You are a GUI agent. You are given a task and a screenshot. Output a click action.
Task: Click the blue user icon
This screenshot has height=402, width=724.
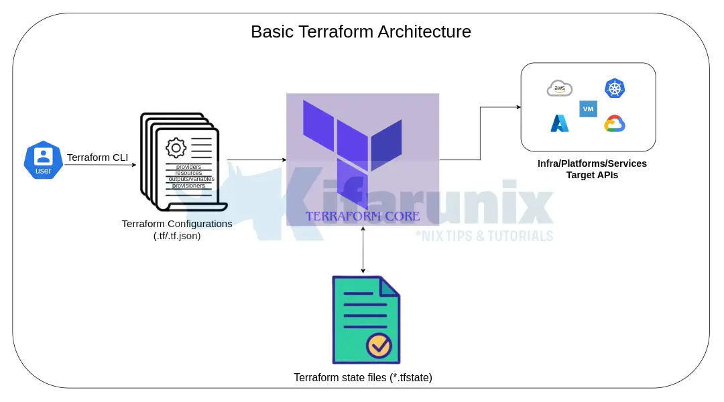pos(43,161)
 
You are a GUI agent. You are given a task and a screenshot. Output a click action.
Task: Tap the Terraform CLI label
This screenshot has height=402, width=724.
pos(97,157)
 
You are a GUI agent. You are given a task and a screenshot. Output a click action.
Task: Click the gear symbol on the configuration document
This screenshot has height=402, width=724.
pos(176,147)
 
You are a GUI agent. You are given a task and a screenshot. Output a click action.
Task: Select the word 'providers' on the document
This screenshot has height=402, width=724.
pos(188,167)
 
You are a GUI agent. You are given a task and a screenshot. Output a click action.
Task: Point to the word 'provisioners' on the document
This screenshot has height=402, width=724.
pos(188,186)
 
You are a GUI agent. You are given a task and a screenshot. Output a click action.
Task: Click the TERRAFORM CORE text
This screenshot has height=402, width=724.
pos(363,216)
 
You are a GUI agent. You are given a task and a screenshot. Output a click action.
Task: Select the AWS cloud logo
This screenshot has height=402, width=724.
pos(560,88)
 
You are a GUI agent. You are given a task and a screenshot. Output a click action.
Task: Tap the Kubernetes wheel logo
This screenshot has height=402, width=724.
pos(614,88)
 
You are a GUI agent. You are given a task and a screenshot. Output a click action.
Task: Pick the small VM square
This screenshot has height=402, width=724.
pos(588,109)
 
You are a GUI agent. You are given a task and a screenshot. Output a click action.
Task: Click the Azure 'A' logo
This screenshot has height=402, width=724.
pos(560,123)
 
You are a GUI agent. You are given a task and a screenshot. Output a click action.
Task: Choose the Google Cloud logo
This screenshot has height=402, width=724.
pos(614,124)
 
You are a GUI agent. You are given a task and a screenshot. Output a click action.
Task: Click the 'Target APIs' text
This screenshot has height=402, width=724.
pos(592,175)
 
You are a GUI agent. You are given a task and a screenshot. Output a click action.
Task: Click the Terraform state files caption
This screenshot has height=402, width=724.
pos(363,377)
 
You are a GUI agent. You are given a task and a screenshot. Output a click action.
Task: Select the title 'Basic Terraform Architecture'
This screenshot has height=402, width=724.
pos(361,31)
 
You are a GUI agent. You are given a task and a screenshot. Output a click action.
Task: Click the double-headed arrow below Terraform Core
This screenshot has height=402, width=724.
pos(363,249)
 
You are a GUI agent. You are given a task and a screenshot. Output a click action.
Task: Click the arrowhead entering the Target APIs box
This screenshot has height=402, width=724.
pos(518,107)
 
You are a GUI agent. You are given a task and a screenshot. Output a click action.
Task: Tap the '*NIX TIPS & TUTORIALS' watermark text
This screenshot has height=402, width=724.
pos(484,235)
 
